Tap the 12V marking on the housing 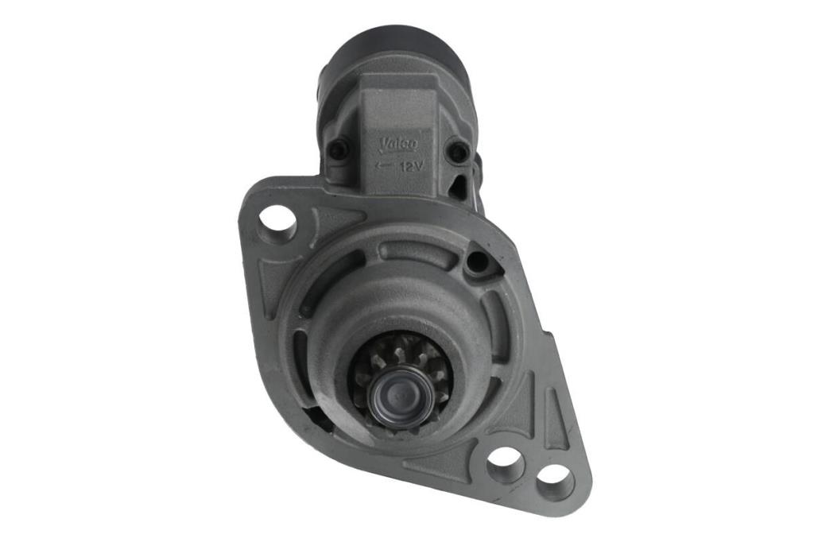click(x=413, y=167)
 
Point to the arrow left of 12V click(x=384, y=166)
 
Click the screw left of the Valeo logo click(x=337, y=149)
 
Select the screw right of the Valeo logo click(x=459, y=151)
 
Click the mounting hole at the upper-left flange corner click(x=277, y=219)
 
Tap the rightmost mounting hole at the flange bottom click(x=556, y=480)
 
